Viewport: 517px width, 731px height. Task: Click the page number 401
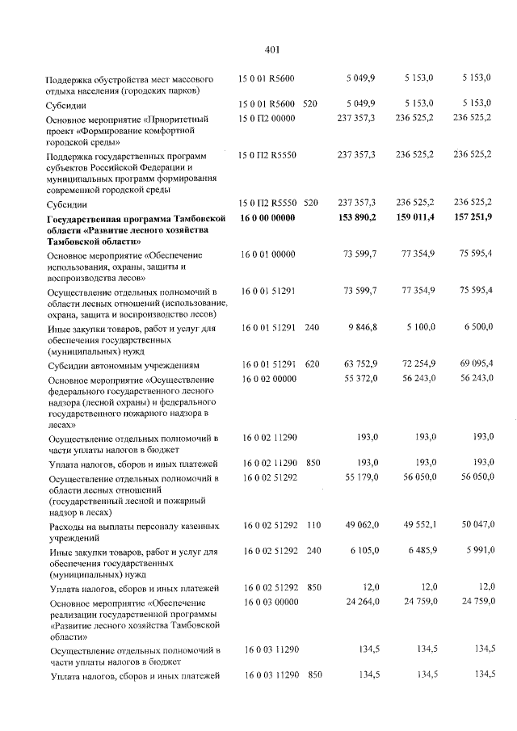pos(271,50)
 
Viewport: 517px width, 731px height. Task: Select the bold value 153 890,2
pos(356,218)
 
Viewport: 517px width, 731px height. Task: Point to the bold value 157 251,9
pos(473,218)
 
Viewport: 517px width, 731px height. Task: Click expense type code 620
pos(312,364)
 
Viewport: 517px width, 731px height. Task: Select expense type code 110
pos(312,525)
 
